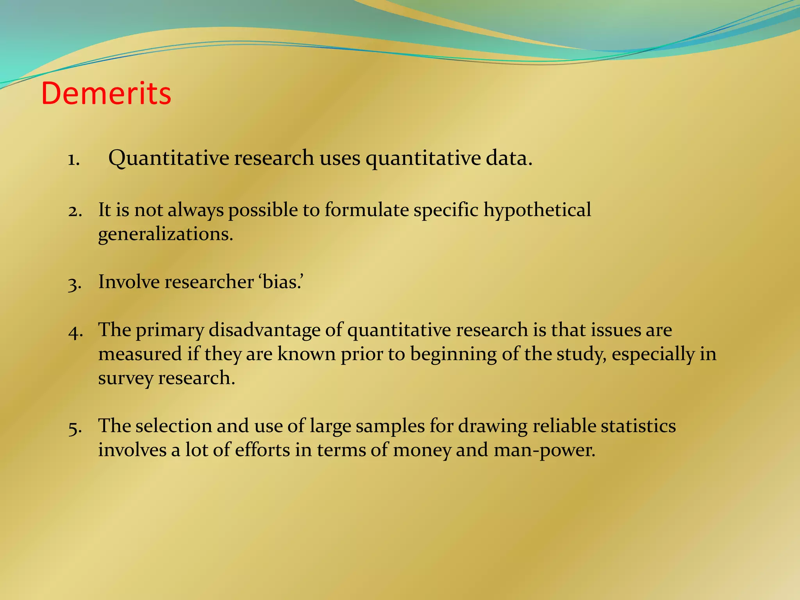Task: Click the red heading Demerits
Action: [106, 94]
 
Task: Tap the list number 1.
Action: [73, 159]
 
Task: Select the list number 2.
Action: [74, 211]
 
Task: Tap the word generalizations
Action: [165, 234]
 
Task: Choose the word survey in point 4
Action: [125, 378]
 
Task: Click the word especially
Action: [653, 355]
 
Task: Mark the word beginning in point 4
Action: [454, 355]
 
